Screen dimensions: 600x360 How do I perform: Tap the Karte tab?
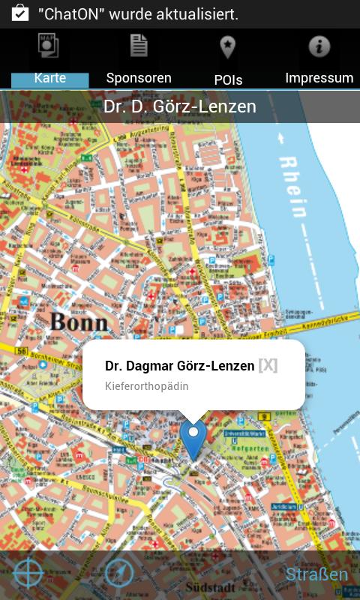(50, 78)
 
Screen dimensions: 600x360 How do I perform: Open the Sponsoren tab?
(139, 78)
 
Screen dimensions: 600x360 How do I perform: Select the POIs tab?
(228, 79)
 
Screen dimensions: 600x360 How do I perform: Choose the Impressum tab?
(319, 78)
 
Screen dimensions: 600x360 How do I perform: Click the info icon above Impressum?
(319, 46)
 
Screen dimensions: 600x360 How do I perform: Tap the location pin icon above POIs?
(227, 47)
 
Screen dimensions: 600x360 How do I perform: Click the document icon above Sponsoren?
(139, 46)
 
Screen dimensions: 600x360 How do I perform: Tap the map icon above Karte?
(49, 46)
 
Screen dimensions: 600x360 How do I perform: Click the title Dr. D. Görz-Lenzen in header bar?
(180, 106)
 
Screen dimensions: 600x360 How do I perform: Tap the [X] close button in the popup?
(268, 365)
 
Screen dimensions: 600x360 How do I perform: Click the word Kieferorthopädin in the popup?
(146, 386)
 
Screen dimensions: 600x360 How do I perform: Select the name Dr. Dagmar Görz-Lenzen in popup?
(179, 366)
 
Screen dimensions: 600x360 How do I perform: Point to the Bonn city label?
(79, 322)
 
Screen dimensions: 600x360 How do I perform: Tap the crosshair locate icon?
(28, 574)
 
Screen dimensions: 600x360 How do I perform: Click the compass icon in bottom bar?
(118, 574)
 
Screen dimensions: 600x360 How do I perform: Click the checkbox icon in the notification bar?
(20, 13)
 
